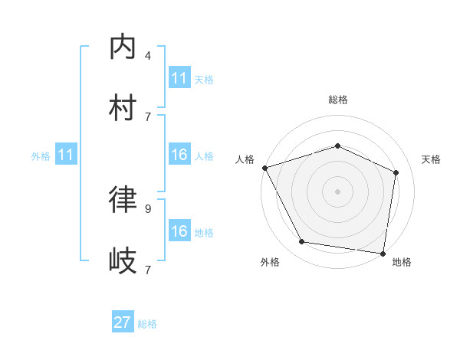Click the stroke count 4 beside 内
[148, 56]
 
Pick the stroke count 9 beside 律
[148, 208]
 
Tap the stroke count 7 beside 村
[148, 116]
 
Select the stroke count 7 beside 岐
[148, 270]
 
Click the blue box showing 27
[123, 322]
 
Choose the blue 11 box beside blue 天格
[179, 78]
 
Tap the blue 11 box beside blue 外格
[66, 155]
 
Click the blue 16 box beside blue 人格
[179, 155]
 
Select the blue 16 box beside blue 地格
[179, 231]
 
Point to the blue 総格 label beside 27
[147, 324]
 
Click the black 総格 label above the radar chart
[337, 100]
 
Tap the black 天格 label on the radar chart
[431, 159]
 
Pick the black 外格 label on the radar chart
[270, 262]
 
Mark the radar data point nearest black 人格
[264, 168]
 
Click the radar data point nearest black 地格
[383, 253]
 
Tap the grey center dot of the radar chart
[337, 191]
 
